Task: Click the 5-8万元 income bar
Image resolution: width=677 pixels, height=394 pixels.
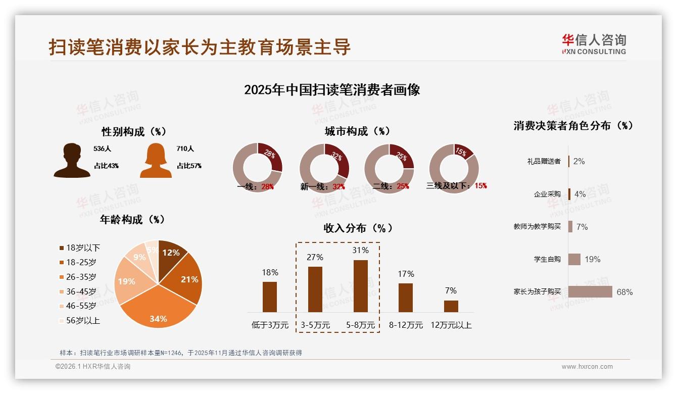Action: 360,286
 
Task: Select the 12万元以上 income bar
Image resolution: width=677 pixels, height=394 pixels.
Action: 451,306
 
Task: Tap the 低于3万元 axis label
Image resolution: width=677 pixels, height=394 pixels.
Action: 270,325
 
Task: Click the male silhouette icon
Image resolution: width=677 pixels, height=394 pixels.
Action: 72,161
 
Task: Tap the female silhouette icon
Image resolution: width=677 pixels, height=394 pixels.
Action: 156,161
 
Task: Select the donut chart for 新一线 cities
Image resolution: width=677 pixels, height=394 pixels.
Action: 324,168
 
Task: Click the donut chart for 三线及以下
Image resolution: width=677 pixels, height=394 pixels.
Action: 454,168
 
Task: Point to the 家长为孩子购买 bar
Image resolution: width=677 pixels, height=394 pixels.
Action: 590,292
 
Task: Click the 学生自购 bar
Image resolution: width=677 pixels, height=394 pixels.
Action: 574,259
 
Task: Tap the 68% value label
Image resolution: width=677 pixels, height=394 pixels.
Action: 624,292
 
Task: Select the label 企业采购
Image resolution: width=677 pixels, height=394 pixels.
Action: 547,194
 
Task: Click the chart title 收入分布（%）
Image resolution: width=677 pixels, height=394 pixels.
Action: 358,228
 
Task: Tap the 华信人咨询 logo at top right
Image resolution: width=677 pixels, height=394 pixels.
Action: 594,44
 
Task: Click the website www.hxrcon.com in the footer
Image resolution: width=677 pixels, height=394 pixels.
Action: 587,367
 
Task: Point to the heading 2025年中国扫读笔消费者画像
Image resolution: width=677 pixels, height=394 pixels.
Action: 332,90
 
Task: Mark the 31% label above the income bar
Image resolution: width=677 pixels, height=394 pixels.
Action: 361,250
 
